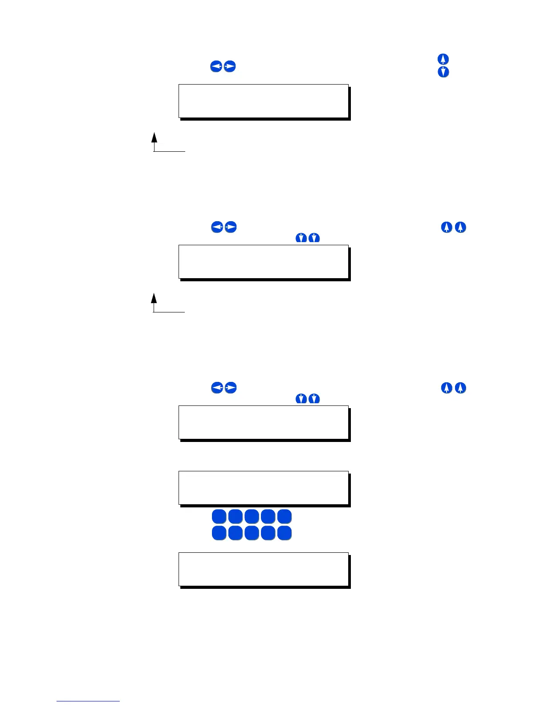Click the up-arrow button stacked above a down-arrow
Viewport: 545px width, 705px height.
point(443,59)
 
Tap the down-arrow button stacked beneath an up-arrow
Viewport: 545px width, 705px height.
point(443,72)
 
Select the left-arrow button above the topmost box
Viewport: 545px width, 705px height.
point(216,67)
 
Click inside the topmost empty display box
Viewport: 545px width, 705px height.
point(263,101)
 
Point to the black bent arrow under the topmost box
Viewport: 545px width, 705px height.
point(155,142)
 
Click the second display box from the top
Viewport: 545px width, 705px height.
point(263,262)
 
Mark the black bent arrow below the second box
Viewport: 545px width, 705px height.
point(155,303)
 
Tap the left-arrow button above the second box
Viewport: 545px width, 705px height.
point(217,227)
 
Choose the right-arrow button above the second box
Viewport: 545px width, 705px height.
point(231,227)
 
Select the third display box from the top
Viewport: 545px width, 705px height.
point(263,422)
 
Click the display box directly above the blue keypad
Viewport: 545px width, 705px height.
point(263,488)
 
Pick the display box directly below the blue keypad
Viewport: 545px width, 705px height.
point(263,569)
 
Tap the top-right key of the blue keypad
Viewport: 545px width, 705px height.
point(285,517)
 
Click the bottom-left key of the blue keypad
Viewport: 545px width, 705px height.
point(219,533)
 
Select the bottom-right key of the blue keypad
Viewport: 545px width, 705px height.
point(285,533)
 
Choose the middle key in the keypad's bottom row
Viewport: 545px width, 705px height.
point(252,533)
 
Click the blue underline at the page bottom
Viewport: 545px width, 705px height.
point(88,701)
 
